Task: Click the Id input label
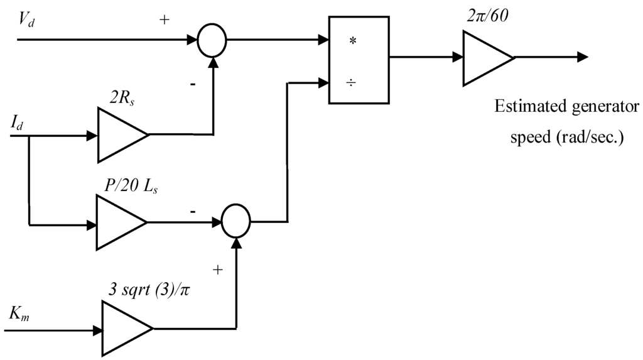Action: coord(18,123)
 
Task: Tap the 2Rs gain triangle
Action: coord(119,135)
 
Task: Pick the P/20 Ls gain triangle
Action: coord(118,222)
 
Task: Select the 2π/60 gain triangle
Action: coord(485,57)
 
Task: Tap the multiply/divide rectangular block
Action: coord(359,60)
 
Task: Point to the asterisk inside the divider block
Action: coord(352,40)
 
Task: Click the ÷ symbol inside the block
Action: coord(352,82)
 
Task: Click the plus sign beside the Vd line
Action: coord(165,20)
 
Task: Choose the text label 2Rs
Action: coord(122,95)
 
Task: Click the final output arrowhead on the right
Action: coord(583,57)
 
